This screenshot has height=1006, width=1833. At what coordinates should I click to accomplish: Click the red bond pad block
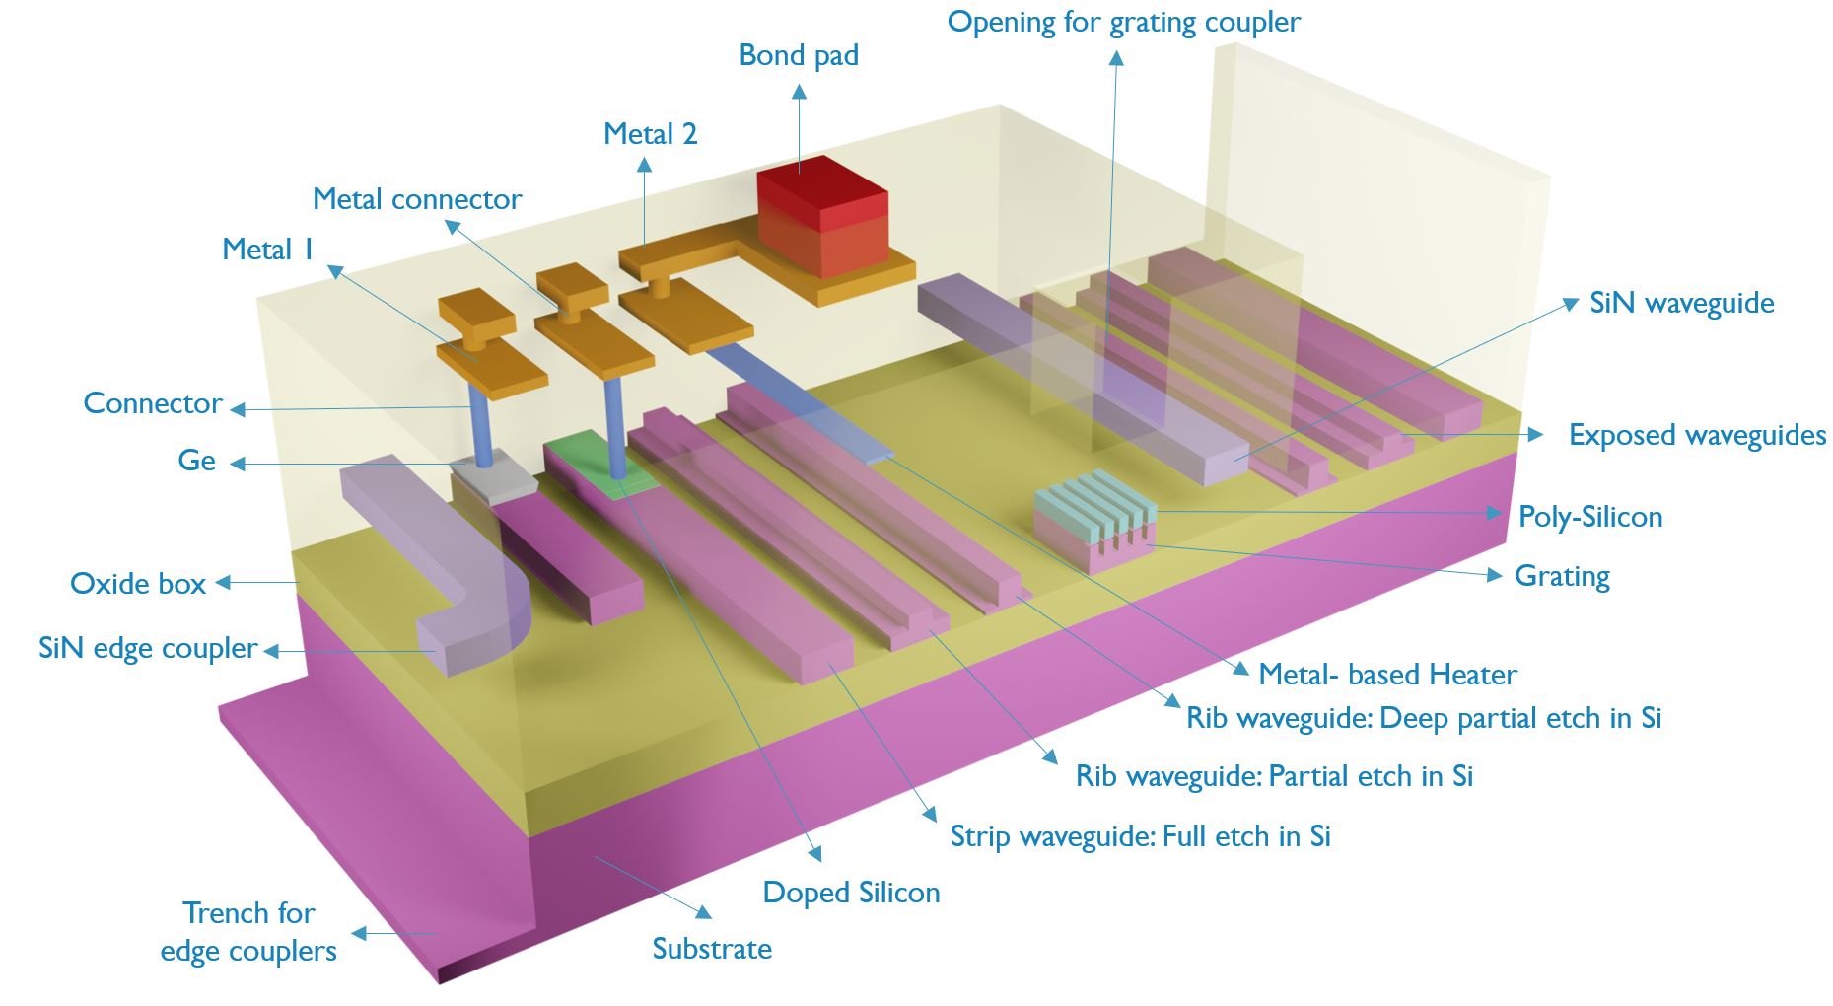(x=821, y=217)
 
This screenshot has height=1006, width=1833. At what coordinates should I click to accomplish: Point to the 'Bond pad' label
(x=799, y=55)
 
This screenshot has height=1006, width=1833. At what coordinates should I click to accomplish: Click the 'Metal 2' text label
(x=650, y=134)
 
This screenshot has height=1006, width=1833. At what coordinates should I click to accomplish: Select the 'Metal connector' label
(x=416, y=199)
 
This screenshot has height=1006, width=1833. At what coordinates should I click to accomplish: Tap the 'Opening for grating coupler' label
(x=1123, y=22)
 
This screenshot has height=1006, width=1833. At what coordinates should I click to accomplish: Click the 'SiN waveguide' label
(x=1681, y=303)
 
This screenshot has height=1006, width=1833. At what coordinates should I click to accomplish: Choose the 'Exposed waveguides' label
(x=1696, y=435)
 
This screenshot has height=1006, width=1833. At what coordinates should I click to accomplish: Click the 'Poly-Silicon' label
(x=1589, y=517)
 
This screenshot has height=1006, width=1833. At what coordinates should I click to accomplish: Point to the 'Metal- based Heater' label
(x=1387, y=675)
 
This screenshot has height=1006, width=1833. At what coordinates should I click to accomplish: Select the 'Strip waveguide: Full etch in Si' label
(x=1140, y=836)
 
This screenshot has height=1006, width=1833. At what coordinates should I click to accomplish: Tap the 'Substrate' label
(x=712, y=949)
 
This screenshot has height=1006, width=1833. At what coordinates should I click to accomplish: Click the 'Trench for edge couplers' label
(x=248, y=932)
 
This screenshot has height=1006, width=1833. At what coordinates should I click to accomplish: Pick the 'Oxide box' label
(x=138, y=584)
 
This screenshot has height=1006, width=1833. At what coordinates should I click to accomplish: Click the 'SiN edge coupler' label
(x=148, y=648)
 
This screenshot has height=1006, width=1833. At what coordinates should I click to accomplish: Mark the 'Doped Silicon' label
(x=851, y=893)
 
